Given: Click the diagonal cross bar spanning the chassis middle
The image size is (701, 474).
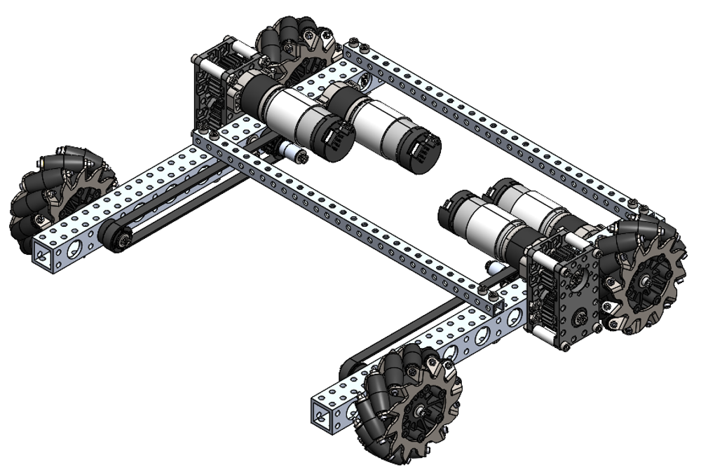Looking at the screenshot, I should [x=350, y=217].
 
